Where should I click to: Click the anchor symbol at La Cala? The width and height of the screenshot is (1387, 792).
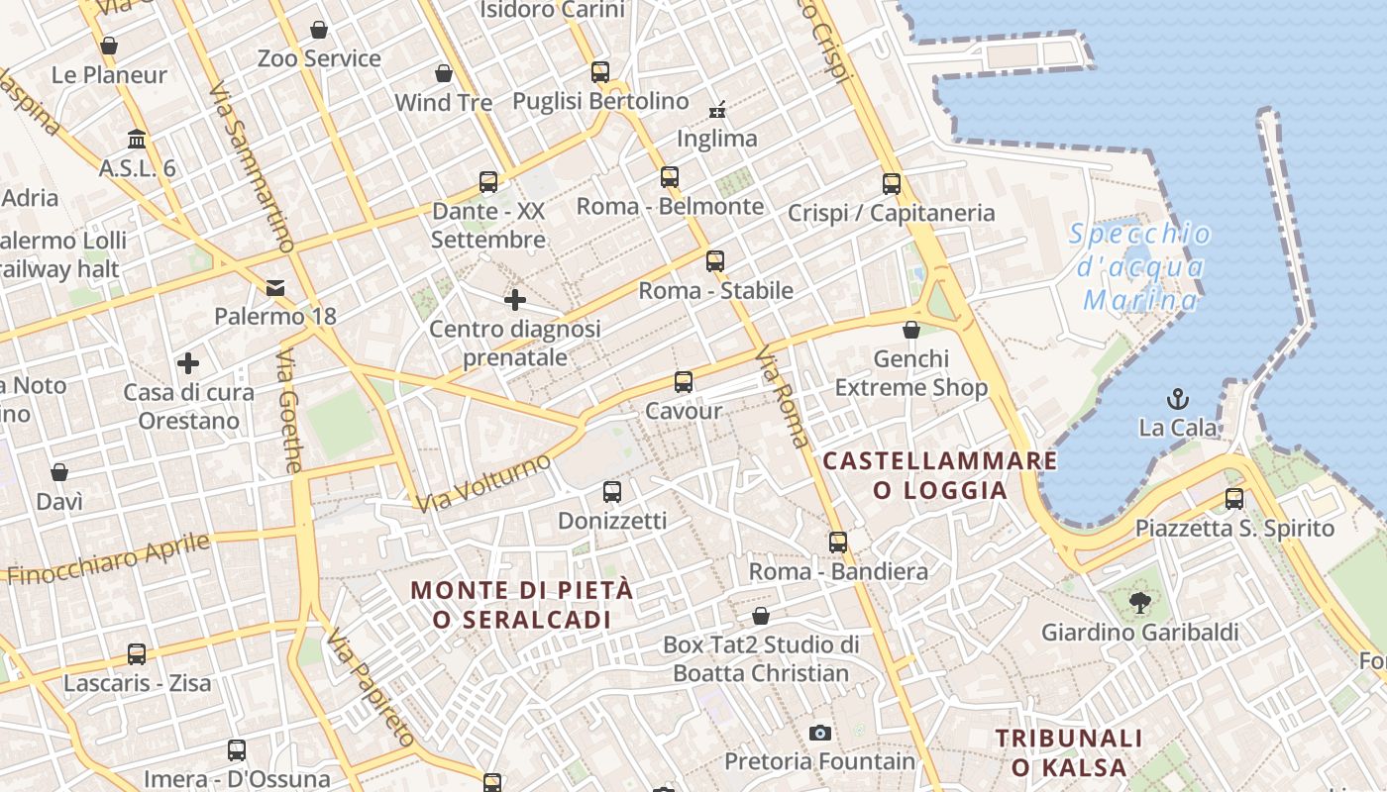[1178, 399]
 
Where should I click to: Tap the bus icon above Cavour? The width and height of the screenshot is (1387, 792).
[683, 381]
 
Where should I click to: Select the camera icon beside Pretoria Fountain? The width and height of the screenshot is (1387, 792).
[819, 733]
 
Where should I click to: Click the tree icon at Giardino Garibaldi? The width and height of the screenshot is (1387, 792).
[1139, 601]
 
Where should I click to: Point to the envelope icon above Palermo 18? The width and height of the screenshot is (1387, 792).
[275, 288]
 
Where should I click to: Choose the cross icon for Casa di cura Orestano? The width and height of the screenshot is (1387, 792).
[188, 363]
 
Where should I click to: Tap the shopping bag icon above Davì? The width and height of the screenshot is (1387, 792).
[59, 472]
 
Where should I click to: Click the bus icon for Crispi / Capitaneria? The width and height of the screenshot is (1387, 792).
[892, 183]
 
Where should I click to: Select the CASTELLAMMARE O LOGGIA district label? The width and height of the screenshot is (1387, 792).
[939, 475]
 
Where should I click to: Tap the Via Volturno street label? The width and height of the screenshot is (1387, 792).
[483, 482]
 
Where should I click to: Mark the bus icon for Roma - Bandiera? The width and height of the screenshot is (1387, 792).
[838, 542]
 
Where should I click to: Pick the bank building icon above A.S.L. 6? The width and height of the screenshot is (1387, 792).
[137, 139]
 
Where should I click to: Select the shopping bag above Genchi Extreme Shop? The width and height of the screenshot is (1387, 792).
[911, 330]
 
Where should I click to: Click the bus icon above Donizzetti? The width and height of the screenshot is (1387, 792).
[612, 491]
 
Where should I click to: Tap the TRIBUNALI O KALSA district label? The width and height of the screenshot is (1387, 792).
[1069, 752]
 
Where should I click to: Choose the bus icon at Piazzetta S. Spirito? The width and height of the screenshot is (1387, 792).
[1234, 498]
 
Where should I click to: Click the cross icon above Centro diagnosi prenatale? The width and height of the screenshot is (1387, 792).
[515, 299]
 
